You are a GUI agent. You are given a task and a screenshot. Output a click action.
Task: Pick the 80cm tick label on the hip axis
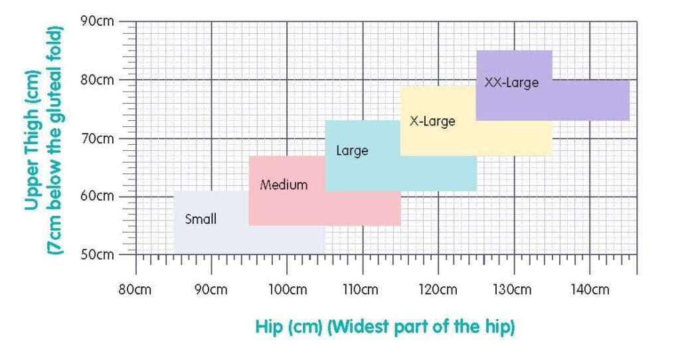point(136,290)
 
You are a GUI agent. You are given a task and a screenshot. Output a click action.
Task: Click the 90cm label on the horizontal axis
point(211,290)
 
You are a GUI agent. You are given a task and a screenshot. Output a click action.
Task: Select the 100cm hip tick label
point(287,290)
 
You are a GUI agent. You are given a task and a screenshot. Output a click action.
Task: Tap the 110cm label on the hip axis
point(362,290)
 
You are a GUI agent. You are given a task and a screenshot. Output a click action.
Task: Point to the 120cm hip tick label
point(438,290)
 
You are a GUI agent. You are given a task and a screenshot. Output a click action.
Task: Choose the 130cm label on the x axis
point(513,290)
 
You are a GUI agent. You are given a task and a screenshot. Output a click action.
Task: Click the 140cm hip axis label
point(589,290)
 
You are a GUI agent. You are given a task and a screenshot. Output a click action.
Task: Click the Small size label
point(201,219)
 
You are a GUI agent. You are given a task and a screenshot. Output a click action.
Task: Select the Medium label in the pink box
point(284,185)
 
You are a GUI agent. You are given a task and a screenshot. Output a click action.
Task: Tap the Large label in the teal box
point(352,151)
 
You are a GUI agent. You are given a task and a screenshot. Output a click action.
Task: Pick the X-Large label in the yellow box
point(432,122)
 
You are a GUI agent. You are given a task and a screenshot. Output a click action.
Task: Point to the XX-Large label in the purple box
point(511,83)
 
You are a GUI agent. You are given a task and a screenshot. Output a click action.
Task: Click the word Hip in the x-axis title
point(269,327)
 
